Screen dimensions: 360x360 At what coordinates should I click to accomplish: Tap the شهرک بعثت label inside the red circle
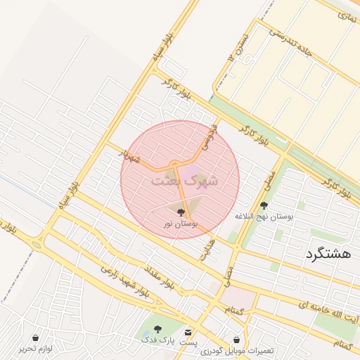coord(184,181)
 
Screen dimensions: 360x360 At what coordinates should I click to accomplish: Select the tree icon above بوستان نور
coord(181,211)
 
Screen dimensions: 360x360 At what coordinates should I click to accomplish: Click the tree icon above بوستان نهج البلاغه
coord(264,205)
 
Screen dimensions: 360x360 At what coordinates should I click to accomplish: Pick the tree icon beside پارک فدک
coord(157,329)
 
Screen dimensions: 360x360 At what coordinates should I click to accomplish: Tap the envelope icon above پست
coord(188,332)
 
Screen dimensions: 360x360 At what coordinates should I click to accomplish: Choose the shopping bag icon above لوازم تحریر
coord(35,338)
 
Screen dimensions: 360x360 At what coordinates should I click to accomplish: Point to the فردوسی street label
coord(207,138)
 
